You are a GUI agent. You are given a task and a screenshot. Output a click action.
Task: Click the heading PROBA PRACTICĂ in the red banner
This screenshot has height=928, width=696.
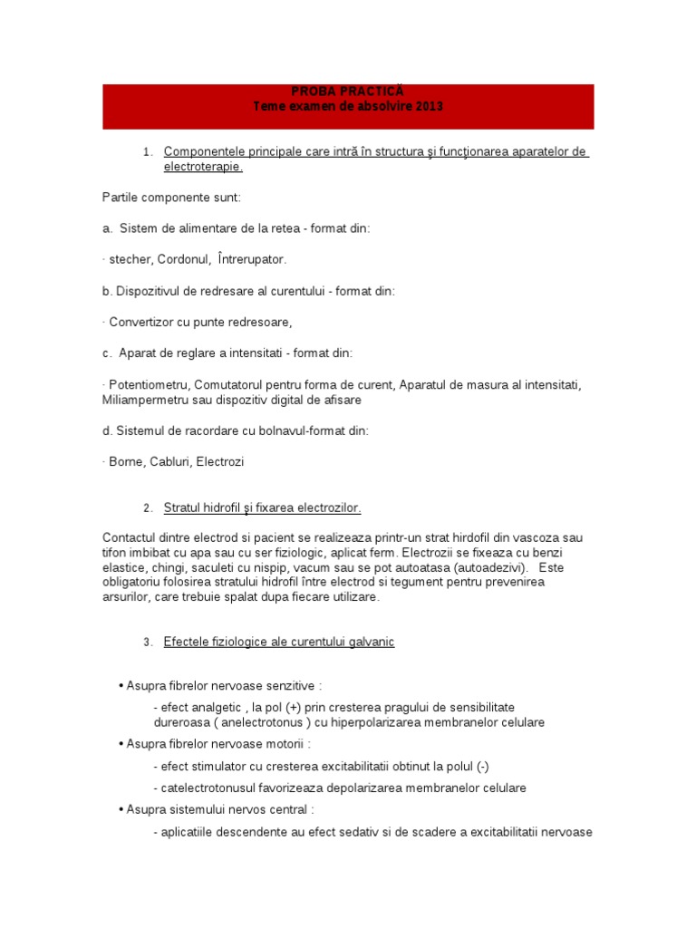(x=348, y=92)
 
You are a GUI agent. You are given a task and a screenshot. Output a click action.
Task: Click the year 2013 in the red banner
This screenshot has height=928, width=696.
(x=424, y=107)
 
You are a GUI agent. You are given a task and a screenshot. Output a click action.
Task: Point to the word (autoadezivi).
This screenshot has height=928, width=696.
(x=478, y=567)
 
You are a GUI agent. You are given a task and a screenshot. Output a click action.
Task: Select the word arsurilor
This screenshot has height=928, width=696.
(x=130, y=597)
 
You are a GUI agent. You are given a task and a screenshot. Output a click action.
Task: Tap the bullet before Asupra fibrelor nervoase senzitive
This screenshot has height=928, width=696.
(x=121, y=686)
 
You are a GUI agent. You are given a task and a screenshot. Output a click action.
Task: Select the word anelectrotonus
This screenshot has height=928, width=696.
(x=260, y=722)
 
